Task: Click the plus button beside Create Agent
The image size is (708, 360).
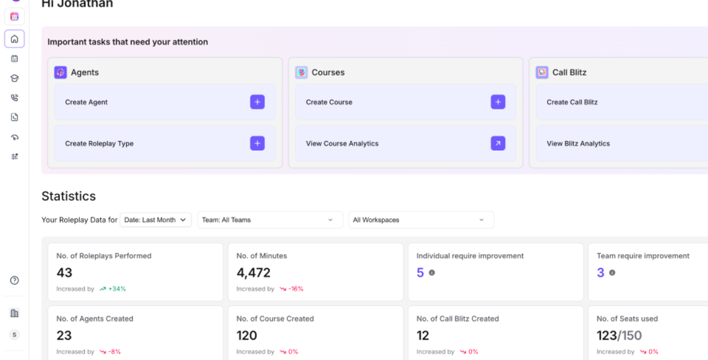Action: coord(257,102)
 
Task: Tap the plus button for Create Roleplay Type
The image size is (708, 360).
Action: coord(257,143)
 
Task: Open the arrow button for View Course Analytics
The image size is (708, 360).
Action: coord(498,143)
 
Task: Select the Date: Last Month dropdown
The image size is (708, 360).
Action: coord(155,220)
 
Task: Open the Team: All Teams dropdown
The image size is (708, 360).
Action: coord(270,220)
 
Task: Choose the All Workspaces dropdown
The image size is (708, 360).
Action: coord(421,220)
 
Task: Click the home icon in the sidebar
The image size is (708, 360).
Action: coord(14,39)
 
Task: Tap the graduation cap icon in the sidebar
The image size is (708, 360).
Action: coord(14,78)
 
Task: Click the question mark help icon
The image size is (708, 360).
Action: coord(14,280)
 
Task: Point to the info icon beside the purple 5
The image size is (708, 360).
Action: coord(432,273)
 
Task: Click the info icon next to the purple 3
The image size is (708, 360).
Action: coord(612,273)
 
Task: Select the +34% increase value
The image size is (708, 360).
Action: coord(117,289)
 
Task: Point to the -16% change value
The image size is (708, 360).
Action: coord(296,289)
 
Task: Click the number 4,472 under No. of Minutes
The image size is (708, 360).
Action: coord(253,273)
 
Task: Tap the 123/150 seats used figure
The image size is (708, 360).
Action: coord(619,336)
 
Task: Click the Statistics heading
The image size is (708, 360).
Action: coord(68,196)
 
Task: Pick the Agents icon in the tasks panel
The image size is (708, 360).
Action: coord(60,73)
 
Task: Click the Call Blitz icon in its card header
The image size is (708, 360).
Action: coord(542,73)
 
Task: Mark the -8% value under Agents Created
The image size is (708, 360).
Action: coord(114,352)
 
